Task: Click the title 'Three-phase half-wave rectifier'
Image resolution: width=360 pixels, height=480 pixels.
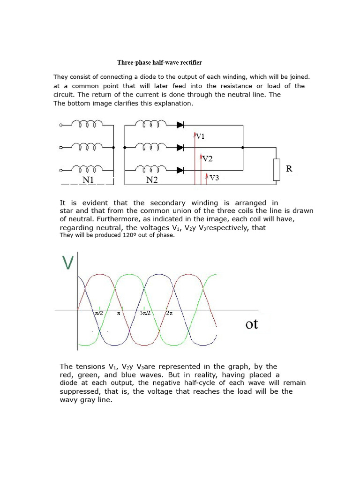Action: click(x=159, y=62)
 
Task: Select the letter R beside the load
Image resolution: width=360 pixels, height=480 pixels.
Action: click(x=289, y=169)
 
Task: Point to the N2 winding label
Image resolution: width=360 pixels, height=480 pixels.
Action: click(x=151, y=180)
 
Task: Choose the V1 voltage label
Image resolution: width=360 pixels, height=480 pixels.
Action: click(x=200, y=136)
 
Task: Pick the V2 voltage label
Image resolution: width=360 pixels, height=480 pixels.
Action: click(x=207, y=159)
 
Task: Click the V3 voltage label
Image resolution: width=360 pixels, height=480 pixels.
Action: click(x=214, y=178)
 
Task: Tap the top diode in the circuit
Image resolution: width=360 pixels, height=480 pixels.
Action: click(x=180, y=125)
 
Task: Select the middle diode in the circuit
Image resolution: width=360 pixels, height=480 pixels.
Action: click(x=180, y=148)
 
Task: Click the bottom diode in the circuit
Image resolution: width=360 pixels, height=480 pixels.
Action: click(x=180, y=169)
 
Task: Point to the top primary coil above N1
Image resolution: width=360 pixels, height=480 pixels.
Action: click(x=88, y=125)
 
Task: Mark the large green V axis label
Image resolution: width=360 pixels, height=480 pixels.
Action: click(x=68, y=262)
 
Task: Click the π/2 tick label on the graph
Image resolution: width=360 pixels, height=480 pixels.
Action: click(x=99, y=313)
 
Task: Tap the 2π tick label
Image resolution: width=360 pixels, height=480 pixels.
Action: click(x=170, y=313)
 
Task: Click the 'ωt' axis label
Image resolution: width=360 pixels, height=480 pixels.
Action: click(x=252, y=324)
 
